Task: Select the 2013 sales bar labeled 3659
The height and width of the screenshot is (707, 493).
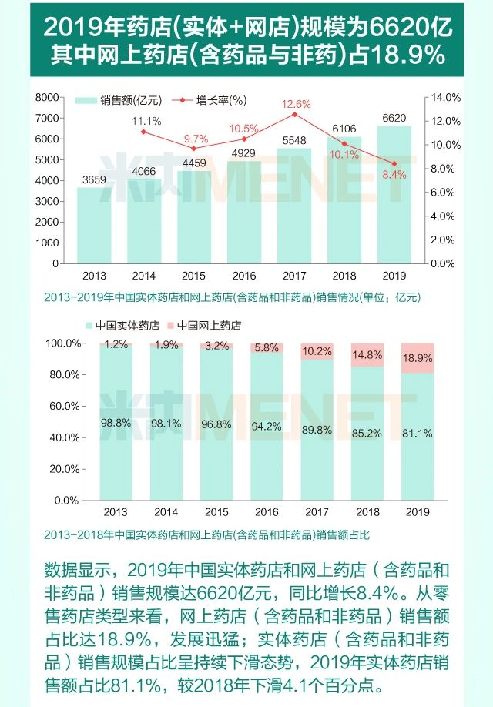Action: tap(94, 227)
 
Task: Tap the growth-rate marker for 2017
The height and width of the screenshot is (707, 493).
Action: tap(294, 115)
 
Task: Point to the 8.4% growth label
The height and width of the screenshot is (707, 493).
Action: tap(394, 175)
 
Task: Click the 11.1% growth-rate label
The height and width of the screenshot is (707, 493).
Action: tap(146, 121)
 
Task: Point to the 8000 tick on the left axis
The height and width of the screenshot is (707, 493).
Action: tap(48, 97)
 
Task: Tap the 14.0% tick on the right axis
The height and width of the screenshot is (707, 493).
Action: tap(445, 97)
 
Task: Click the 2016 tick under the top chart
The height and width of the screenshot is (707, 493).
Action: tap(244, 275)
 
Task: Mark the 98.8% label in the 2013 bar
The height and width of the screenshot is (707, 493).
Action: tap(116, 423)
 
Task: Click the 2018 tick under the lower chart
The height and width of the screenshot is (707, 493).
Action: tap(367, 512)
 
